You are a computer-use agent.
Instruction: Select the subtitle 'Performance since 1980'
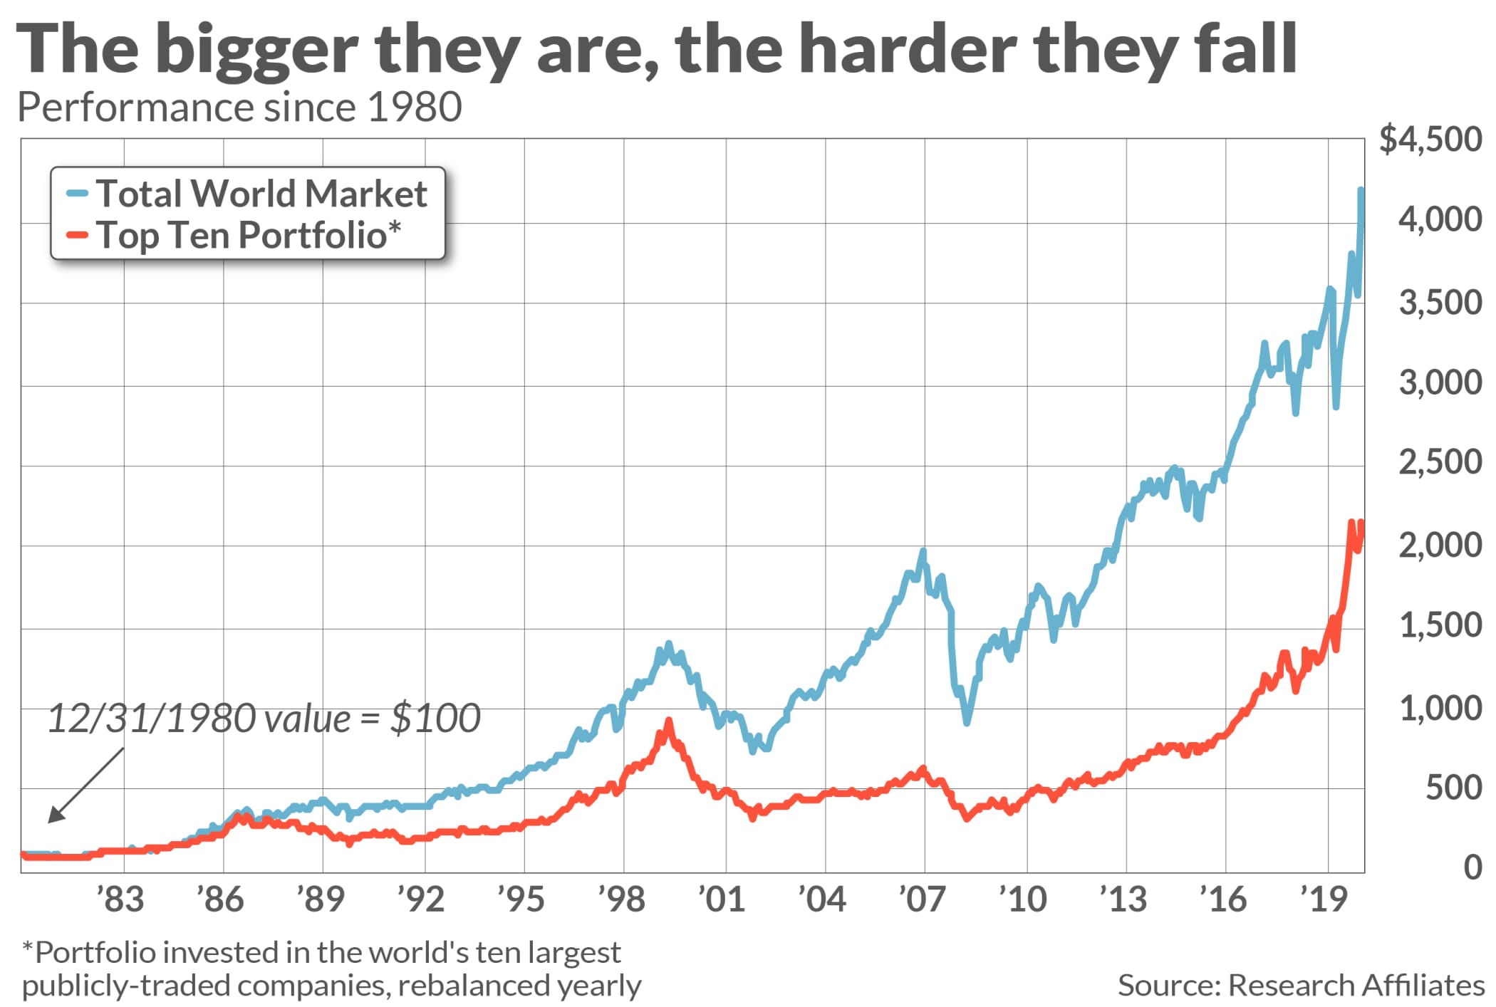tap(239, 108)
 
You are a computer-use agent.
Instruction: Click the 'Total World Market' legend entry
tap(261, 193)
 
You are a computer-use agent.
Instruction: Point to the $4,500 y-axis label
tap(1430, 139)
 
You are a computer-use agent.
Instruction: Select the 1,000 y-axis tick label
tap(1440, 709)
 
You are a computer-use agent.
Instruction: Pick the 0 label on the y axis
tap(1472, 867)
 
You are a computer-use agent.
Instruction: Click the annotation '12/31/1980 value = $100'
tap(264, 718)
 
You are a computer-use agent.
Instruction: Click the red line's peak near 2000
tap(668, 721)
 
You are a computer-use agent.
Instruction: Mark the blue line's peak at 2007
tap(923, 551)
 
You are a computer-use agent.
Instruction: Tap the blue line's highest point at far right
tap(1361, 189)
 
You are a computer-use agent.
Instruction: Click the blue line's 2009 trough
tap(967, 722)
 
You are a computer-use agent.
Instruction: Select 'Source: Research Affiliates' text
tap(1301, 985)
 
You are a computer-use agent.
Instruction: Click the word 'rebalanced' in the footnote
tap(472, 986)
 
